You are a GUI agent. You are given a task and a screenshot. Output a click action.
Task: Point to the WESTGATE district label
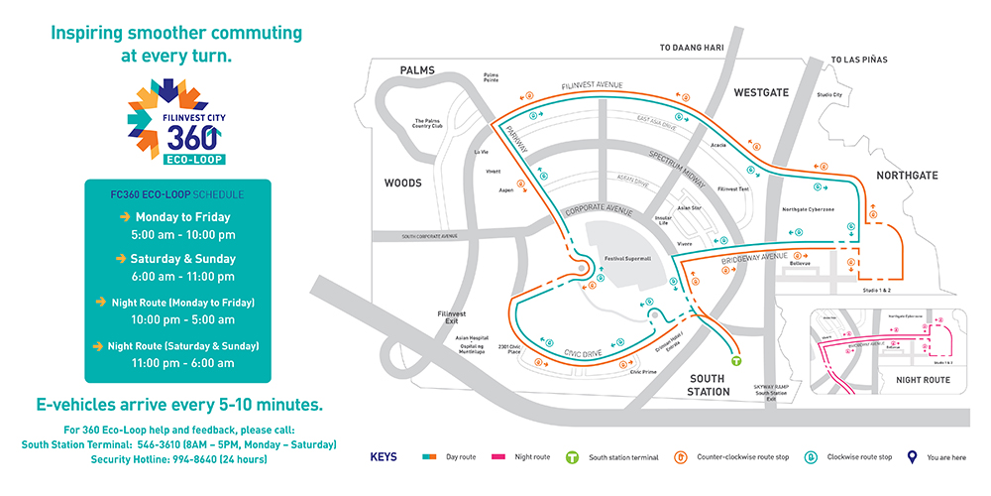[761, 92]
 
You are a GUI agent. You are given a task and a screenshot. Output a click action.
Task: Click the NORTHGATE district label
[907, 176]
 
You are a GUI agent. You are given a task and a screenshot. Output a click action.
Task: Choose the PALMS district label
[418, 70]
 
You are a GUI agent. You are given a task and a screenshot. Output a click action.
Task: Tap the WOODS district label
[403, 184]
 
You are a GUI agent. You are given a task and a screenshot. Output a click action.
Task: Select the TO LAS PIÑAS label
[860, 61]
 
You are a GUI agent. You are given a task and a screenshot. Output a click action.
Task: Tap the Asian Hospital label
[471, 337]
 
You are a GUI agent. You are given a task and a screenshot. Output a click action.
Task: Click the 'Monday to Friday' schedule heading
[182, 216]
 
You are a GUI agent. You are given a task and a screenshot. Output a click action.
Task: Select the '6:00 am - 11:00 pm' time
[182, 277]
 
